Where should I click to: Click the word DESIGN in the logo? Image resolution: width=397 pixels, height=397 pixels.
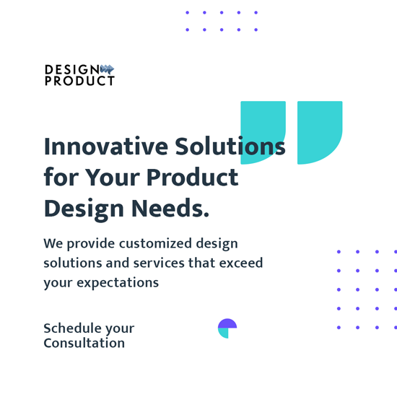point(72,69)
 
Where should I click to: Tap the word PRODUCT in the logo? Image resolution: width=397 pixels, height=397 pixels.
point(79,81)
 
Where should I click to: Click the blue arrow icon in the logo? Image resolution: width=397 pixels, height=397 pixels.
point(107,69)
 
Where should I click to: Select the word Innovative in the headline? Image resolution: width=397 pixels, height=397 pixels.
point(106,147)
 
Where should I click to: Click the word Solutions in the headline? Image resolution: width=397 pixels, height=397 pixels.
point(230,147)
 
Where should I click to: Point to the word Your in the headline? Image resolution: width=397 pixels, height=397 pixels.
point(113,178)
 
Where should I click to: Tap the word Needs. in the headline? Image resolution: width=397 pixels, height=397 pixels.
point(170,208)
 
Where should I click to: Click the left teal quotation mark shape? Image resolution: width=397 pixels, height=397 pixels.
point(263,132)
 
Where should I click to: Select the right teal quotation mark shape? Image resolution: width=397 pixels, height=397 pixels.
point(320,132)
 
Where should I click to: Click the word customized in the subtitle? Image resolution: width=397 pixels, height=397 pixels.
point(155,243)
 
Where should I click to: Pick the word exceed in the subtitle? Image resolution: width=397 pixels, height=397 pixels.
point(241,263)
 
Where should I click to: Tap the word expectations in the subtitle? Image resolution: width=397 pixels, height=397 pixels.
point(118,283)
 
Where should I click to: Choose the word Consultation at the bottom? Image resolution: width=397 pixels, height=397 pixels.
point(84,343)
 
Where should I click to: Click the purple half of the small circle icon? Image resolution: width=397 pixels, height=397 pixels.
point(227,323)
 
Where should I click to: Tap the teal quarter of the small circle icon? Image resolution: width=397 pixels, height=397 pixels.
point(224,333)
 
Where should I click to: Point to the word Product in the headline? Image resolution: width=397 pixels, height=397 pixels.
point(193,178)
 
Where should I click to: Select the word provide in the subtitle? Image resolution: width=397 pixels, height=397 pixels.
point(91,244)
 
